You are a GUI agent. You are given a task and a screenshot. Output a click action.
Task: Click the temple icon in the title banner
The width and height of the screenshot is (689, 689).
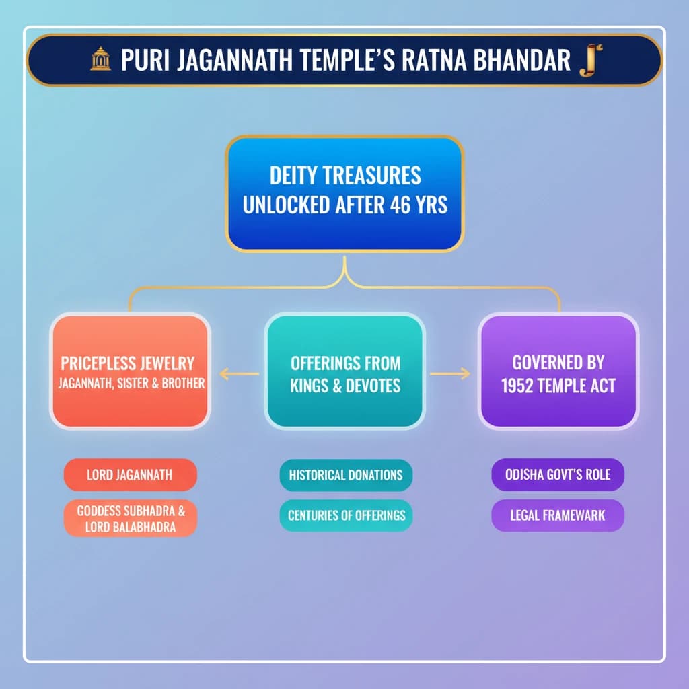[100, 60]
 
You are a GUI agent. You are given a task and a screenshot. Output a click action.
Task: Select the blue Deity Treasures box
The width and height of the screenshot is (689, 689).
[344, 194]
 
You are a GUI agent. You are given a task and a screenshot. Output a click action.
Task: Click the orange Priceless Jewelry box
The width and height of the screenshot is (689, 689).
[130, 371]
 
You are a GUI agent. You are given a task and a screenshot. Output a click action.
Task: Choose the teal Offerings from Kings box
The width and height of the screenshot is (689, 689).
[344, 371]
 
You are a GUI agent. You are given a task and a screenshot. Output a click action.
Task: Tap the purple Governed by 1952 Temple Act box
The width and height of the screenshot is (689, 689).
[558, 371]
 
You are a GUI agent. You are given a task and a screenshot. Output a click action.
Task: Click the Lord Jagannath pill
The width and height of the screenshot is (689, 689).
[130, 474]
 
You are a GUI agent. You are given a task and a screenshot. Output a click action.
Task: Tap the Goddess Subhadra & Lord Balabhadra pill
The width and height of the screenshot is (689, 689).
[130, 518]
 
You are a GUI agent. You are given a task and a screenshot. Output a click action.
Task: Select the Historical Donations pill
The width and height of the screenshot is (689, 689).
[345, 474]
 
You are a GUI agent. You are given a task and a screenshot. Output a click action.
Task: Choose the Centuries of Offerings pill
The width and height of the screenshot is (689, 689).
[346, 515]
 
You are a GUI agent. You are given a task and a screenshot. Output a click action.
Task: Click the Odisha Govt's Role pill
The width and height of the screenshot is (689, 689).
[558, 474]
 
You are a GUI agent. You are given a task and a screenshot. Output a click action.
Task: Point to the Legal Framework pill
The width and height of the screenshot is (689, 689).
[558, 515]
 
